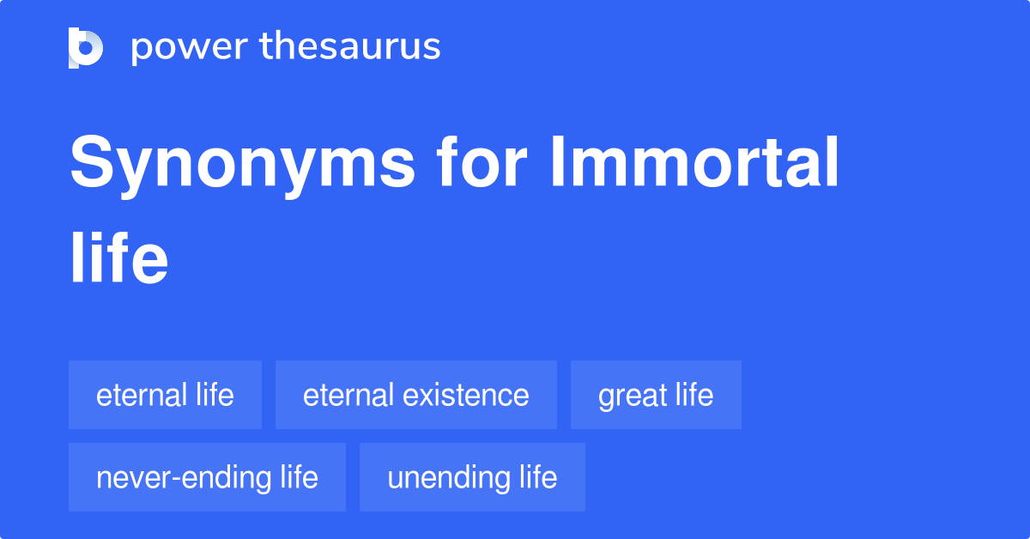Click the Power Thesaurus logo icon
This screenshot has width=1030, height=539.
(86, 47)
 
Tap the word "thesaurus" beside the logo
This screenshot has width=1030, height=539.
(350, 47)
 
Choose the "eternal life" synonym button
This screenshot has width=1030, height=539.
(165, 395)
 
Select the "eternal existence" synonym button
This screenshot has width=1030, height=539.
(415, 395)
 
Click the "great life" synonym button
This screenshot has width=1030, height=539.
(656, 395)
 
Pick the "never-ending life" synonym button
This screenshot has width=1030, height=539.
(207, 477)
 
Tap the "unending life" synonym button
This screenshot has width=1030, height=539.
(472, 477)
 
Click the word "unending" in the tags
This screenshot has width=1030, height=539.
(448, 478)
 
